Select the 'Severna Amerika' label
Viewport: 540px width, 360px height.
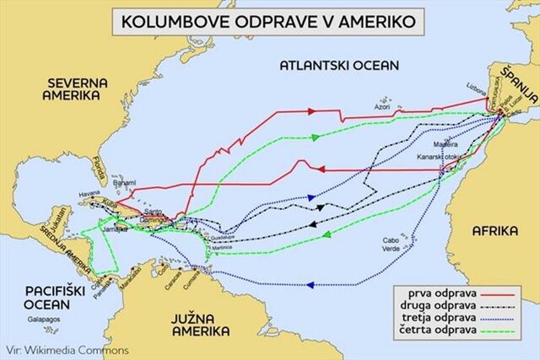tap(73, 89)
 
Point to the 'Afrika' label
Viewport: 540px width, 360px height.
tap(497, 230)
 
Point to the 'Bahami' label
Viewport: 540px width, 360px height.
tap(124, 181)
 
